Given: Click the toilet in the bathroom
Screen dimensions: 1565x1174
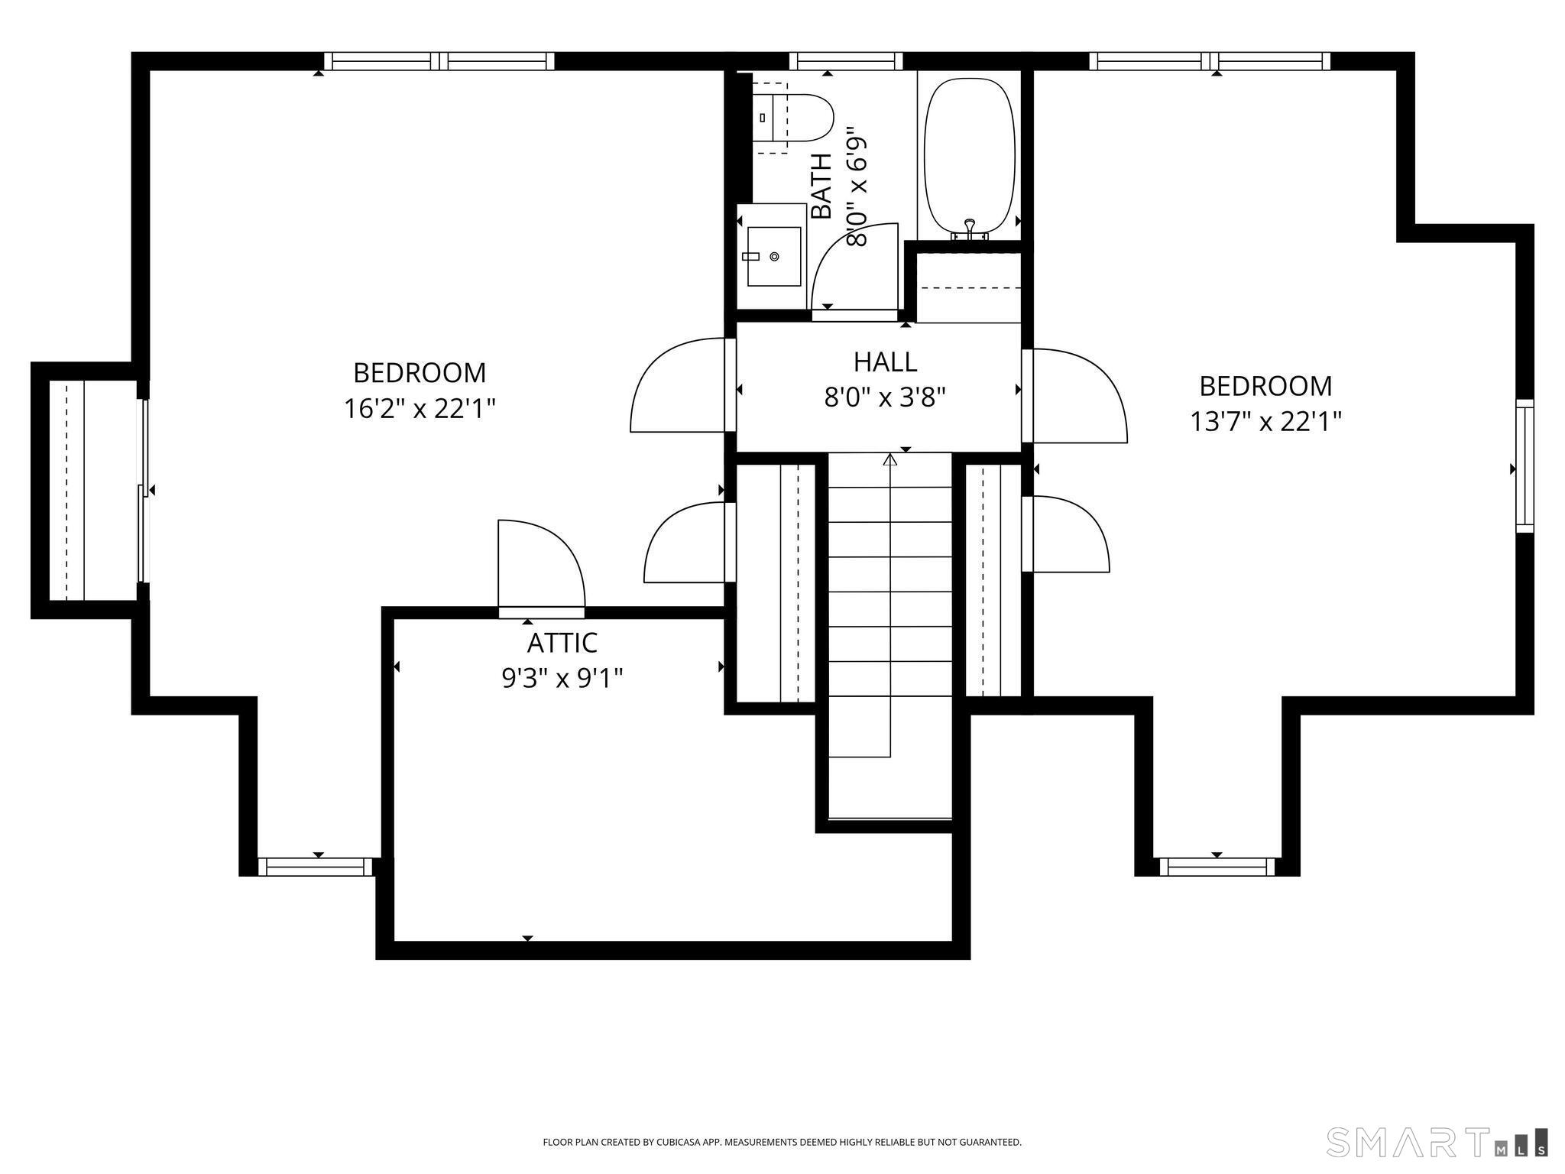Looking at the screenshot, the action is pos(792,118).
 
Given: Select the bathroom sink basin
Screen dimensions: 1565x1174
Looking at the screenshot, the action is pos(774,256).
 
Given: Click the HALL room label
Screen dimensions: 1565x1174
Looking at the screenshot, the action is pos(885,362).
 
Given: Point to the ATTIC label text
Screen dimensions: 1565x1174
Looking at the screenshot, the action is pos(562,643).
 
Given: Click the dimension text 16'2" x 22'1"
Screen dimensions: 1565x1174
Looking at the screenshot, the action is pos(420,409).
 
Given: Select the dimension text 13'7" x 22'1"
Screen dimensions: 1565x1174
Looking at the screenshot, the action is pos(1265,422).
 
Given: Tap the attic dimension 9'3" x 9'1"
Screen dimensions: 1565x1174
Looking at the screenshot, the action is pos(562,678).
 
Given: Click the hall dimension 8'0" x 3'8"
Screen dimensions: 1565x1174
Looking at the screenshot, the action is pos(885,397).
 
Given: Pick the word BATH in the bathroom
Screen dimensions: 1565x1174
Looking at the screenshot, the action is pos(821,186).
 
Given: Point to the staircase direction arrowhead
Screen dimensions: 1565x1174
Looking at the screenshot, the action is pos(890,459).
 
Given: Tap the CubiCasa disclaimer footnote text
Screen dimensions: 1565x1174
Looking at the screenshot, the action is pos(782,1142).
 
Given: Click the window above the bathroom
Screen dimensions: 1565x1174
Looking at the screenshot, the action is pos(846,61).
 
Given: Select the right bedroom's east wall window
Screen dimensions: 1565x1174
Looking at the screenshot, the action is pos(1524,465).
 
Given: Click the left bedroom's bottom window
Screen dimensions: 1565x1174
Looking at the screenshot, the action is pos(315,867).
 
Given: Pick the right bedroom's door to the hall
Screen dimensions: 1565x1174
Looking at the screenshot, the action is pos(1074,395).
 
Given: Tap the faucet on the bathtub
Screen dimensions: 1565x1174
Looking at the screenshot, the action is pos(970,228).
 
